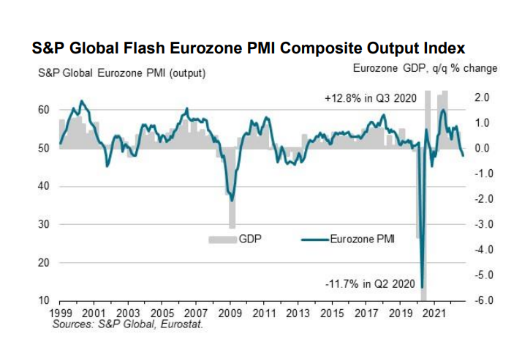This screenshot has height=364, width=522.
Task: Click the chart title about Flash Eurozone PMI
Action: (x=249, y=49)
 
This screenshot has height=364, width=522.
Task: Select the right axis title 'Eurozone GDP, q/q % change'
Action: (x=425, y=68)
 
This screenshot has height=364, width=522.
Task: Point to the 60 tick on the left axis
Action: (x=43, y=110)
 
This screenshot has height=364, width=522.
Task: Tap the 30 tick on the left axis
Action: (x=43, y=224)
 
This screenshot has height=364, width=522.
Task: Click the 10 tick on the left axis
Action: (x=43, y=300)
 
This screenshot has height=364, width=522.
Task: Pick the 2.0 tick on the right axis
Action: (x=482, y=97)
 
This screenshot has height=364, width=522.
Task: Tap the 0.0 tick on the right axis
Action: (x=482, y=148)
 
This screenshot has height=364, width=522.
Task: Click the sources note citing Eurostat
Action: (x=128, y=323)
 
